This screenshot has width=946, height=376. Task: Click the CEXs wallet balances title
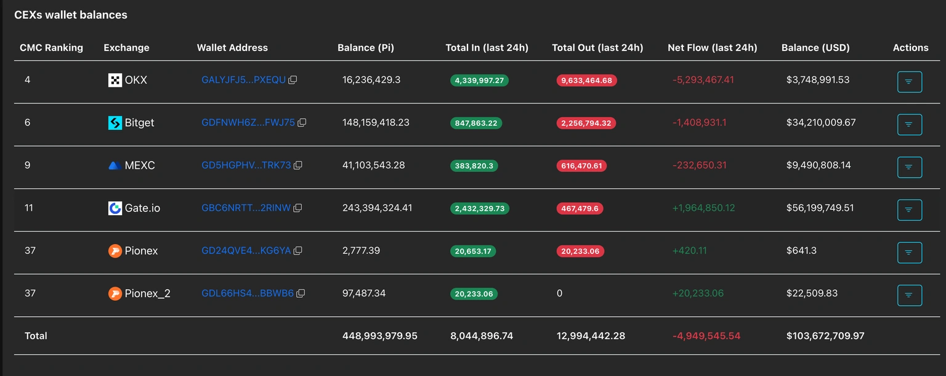(71, 15)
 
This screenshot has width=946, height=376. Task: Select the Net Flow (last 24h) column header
(712, 47)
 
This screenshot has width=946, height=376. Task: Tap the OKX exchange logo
(115, 80)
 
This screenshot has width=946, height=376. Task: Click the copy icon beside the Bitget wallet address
(302, 123)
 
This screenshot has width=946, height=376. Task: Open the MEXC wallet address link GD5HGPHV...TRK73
(246, 165)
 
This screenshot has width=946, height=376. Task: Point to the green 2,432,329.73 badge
(479, 208)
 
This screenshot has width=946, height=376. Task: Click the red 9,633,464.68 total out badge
(586, 80)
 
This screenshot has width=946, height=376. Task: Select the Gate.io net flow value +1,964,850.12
(703, 208)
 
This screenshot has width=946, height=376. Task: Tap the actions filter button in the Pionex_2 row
(909, 295)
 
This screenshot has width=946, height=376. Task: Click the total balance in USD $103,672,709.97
(825, 336)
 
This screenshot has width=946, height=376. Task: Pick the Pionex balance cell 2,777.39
(361, 250)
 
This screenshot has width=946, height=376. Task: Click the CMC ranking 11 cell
(29, 208)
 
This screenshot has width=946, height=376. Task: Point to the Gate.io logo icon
(115, 208)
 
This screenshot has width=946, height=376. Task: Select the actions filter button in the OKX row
(909, 82)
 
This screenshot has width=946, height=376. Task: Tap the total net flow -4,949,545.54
(706, 336)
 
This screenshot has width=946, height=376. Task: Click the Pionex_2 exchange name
(147, 293)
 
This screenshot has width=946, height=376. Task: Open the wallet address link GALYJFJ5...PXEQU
(243, 80)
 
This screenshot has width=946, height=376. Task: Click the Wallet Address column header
(232, 47)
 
